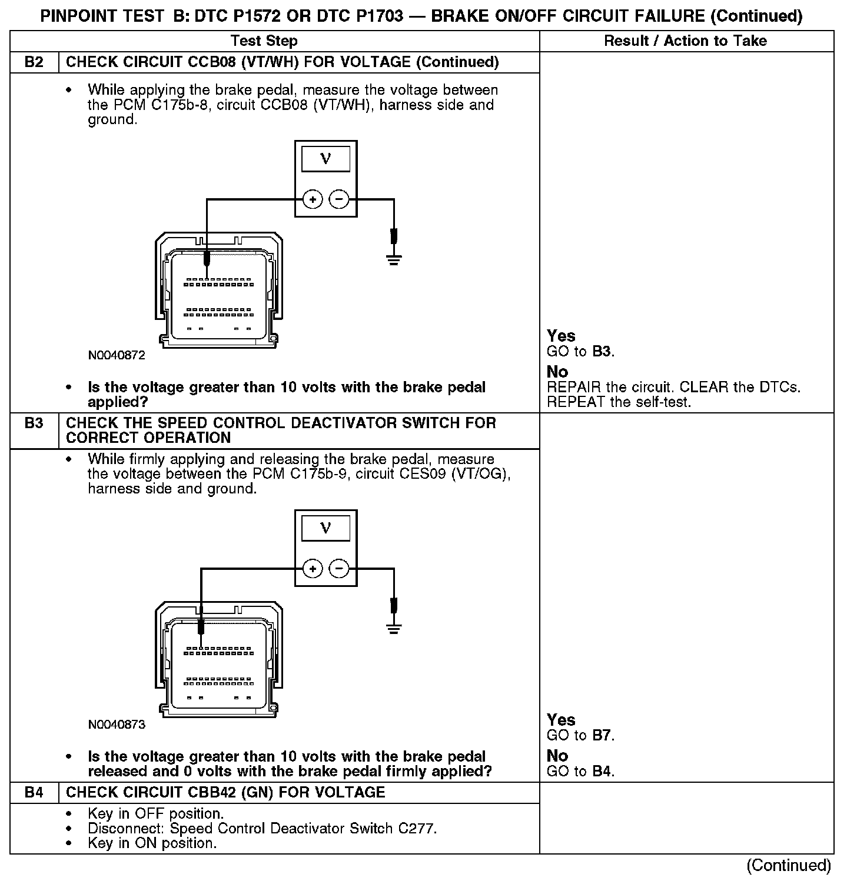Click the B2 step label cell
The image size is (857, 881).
click(x=34, y=62)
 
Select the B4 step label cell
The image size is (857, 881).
click(x=34, y=792)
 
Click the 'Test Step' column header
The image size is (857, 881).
click(x=264, y=41)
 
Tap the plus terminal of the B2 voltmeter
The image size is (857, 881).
click(x=313, y=200)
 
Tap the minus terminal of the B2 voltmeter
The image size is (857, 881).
click(x=338, y=200)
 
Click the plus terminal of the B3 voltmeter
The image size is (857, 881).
click(x=313, y=569)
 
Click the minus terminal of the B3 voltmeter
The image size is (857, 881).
click(x=338, y=569)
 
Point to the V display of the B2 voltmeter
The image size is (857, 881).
click(x=325, y=159)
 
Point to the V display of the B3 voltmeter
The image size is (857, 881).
click(x=325, y=528)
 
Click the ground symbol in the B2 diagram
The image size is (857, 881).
click(x=394, y=259)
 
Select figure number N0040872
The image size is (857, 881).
click(x=117, y=356)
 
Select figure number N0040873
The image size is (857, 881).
click(x=117, y=725)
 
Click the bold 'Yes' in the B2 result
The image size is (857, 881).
click(x=561, y=336)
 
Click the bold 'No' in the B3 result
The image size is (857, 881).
click(x=557, y=756)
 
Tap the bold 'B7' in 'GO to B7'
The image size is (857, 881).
click(x=602, y=736)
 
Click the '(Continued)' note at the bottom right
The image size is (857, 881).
click(x=788, y=865)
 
